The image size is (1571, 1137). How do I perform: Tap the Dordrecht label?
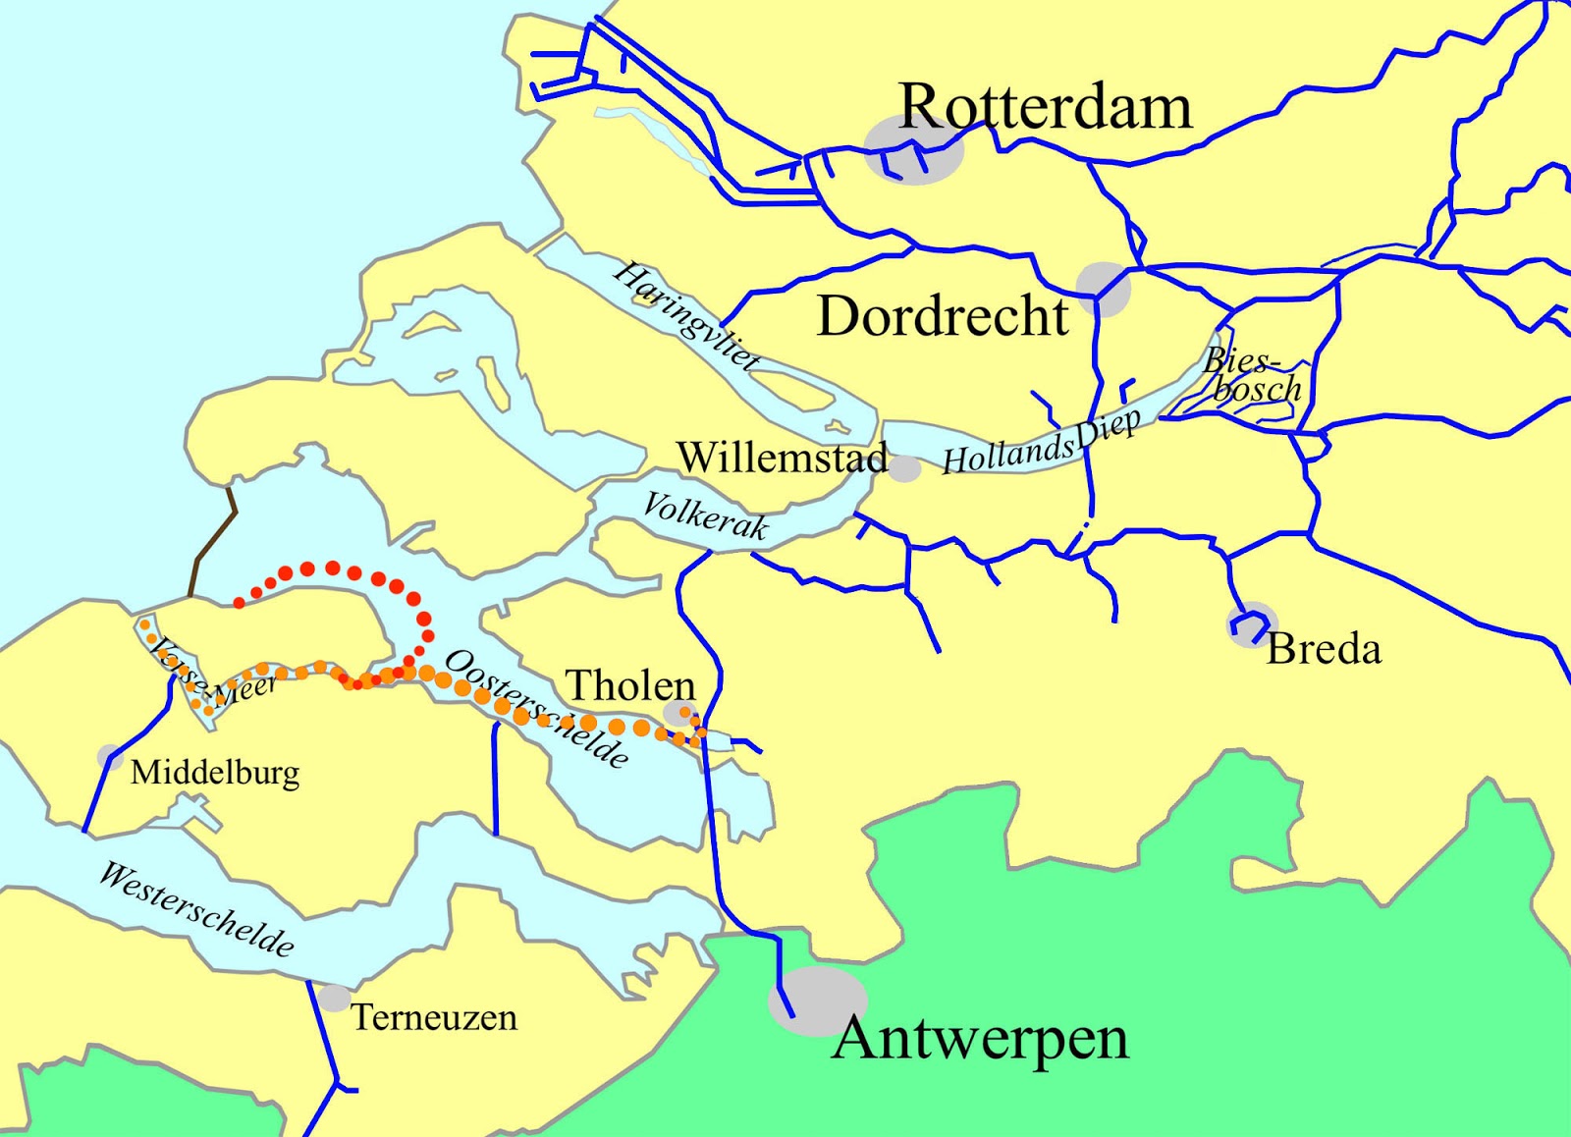point(943,316)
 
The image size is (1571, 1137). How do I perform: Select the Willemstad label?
point(782,458)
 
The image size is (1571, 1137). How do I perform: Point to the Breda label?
point(1324,649)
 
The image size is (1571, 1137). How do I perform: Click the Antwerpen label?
point(980,1038)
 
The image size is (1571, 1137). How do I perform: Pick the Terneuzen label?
point(434,1017)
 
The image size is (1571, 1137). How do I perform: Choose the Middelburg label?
point(215,773)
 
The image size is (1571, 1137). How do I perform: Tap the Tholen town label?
point(630,685)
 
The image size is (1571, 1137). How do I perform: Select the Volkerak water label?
point(704,516)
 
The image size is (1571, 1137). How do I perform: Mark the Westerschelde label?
point(196,909)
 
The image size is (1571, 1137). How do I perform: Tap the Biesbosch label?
point(1252,376)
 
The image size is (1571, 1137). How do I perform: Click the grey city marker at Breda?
point(1251,624)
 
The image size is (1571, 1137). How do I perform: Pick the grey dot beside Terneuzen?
point(334,999)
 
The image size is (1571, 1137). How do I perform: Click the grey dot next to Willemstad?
point(904,469)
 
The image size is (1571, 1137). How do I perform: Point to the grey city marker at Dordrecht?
point(1105,288)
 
